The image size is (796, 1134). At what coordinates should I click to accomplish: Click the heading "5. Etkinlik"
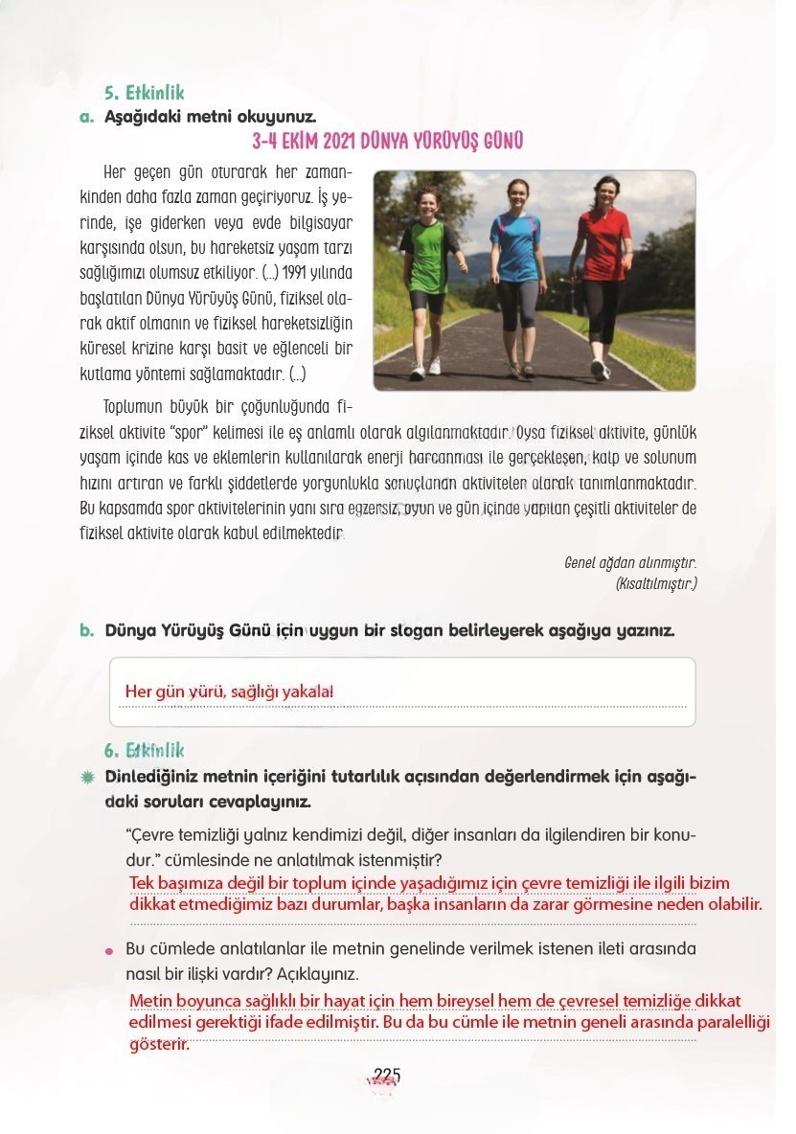(144, 94)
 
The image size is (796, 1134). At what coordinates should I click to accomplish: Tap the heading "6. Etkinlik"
(144, 751)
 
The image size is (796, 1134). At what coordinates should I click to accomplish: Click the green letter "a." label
(84, 118)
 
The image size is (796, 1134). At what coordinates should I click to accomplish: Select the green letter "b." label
(85, 631)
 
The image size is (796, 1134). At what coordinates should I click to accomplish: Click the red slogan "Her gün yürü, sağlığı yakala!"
(230, 692)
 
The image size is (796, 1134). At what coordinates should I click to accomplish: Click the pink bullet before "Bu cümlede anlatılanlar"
(110, 950)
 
